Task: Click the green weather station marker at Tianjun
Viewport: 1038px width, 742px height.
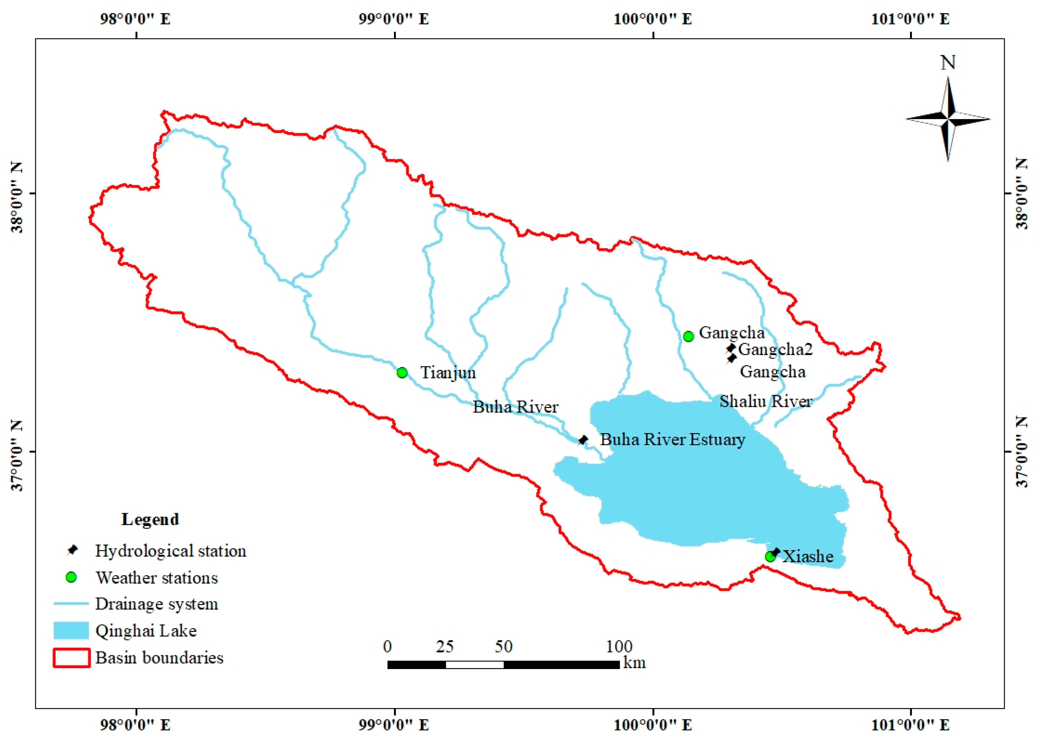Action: click(402, 372)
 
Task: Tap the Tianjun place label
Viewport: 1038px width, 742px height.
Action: click(448, 372)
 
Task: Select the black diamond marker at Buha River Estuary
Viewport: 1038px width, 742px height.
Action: click(583, 440)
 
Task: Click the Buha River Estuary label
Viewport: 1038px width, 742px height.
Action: click(672, 440)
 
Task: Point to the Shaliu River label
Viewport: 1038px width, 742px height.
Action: click(766, 402)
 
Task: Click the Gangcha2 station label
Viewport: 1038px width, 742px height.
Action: click(775, 349)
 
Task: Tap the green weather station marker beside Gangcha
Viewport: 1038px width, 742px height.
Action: click(688, 336)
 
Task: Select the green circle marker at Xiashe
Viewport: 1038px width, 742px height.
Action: click(770, 557)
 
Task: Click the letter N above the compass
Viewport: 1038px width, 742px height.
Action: click(948, 62)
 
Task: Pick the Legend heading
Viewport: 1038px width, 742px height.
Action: click(150, 519)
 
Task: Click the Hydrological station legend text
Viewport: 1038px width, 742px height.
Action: click(170, 551)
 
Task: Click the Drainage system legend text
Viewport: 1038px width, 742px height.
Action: click(156, 604)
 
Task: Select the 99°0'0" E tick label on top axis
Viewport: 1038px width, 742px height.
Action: click(394, 19)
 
